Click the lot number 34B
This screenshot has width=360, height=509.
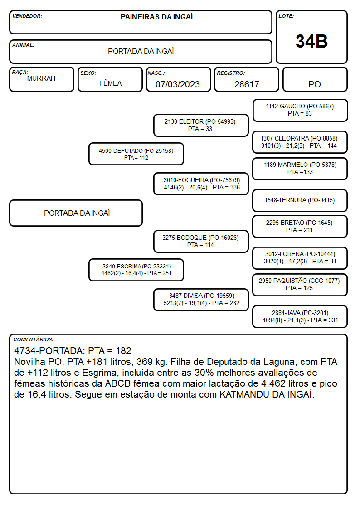pyautogui.click(x=311, y=41)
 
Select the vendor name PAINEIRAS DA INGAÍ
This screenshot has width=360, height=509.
pyautogui.click(x=156, y=17)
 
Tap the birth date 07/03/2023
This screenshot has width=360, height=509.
pyautogui.click(x=178, y=84)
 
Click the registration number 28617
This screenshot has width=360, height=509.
pyautogui.click(x=247, y=84)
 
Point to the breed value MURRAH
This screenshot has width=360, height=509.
pyautogui.click(x=41, y=78)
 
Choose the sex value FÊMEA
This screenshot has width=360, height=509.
pyautogui.click(x=110, y=83)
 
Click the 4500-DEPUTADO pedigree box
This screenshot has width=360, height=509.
pyautogui.click(x=136, y=154)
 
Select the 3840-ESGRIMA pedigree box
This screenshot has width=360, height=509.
pyautogui.click(x=136, y=270)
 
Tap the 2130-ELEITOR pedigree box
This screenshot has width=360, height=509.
pyautogui.click(x=201, y=125)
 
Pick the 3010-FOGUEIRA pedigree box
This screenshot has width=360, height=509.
pyautogui.click(x=201, y=184)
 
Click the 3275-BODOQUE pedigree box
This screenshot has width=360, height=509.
pyautogui.click(x=201, y=241)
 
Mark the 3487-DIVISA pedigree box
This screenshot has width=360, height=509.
pyautogui.click(x=201, y=300)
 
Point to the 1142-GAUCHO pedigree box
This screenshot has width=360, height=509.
pyautogui.click(x=300, y=111)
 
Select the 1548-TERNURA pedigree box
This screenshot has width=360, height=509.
pyautogui.click(x=300, y=200)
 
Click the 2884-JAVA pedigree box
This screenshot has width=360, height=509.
pyautogui.click(x=300, y=316)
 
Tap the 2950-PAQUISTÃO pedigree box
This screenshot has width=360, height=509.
pyautogui.click(x=300, y=285)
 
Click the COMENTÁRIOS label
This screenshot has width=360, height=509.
pyautogui.click(x=34, y=339)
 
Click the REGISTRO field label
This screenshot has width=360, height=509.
pyautogui.click(x=231, y=73)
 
